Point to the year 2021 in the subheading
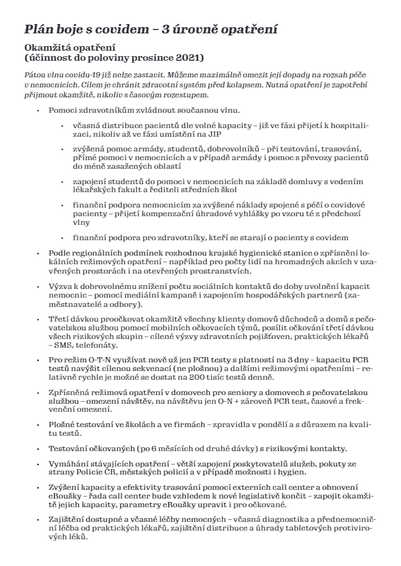point(189,58)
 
